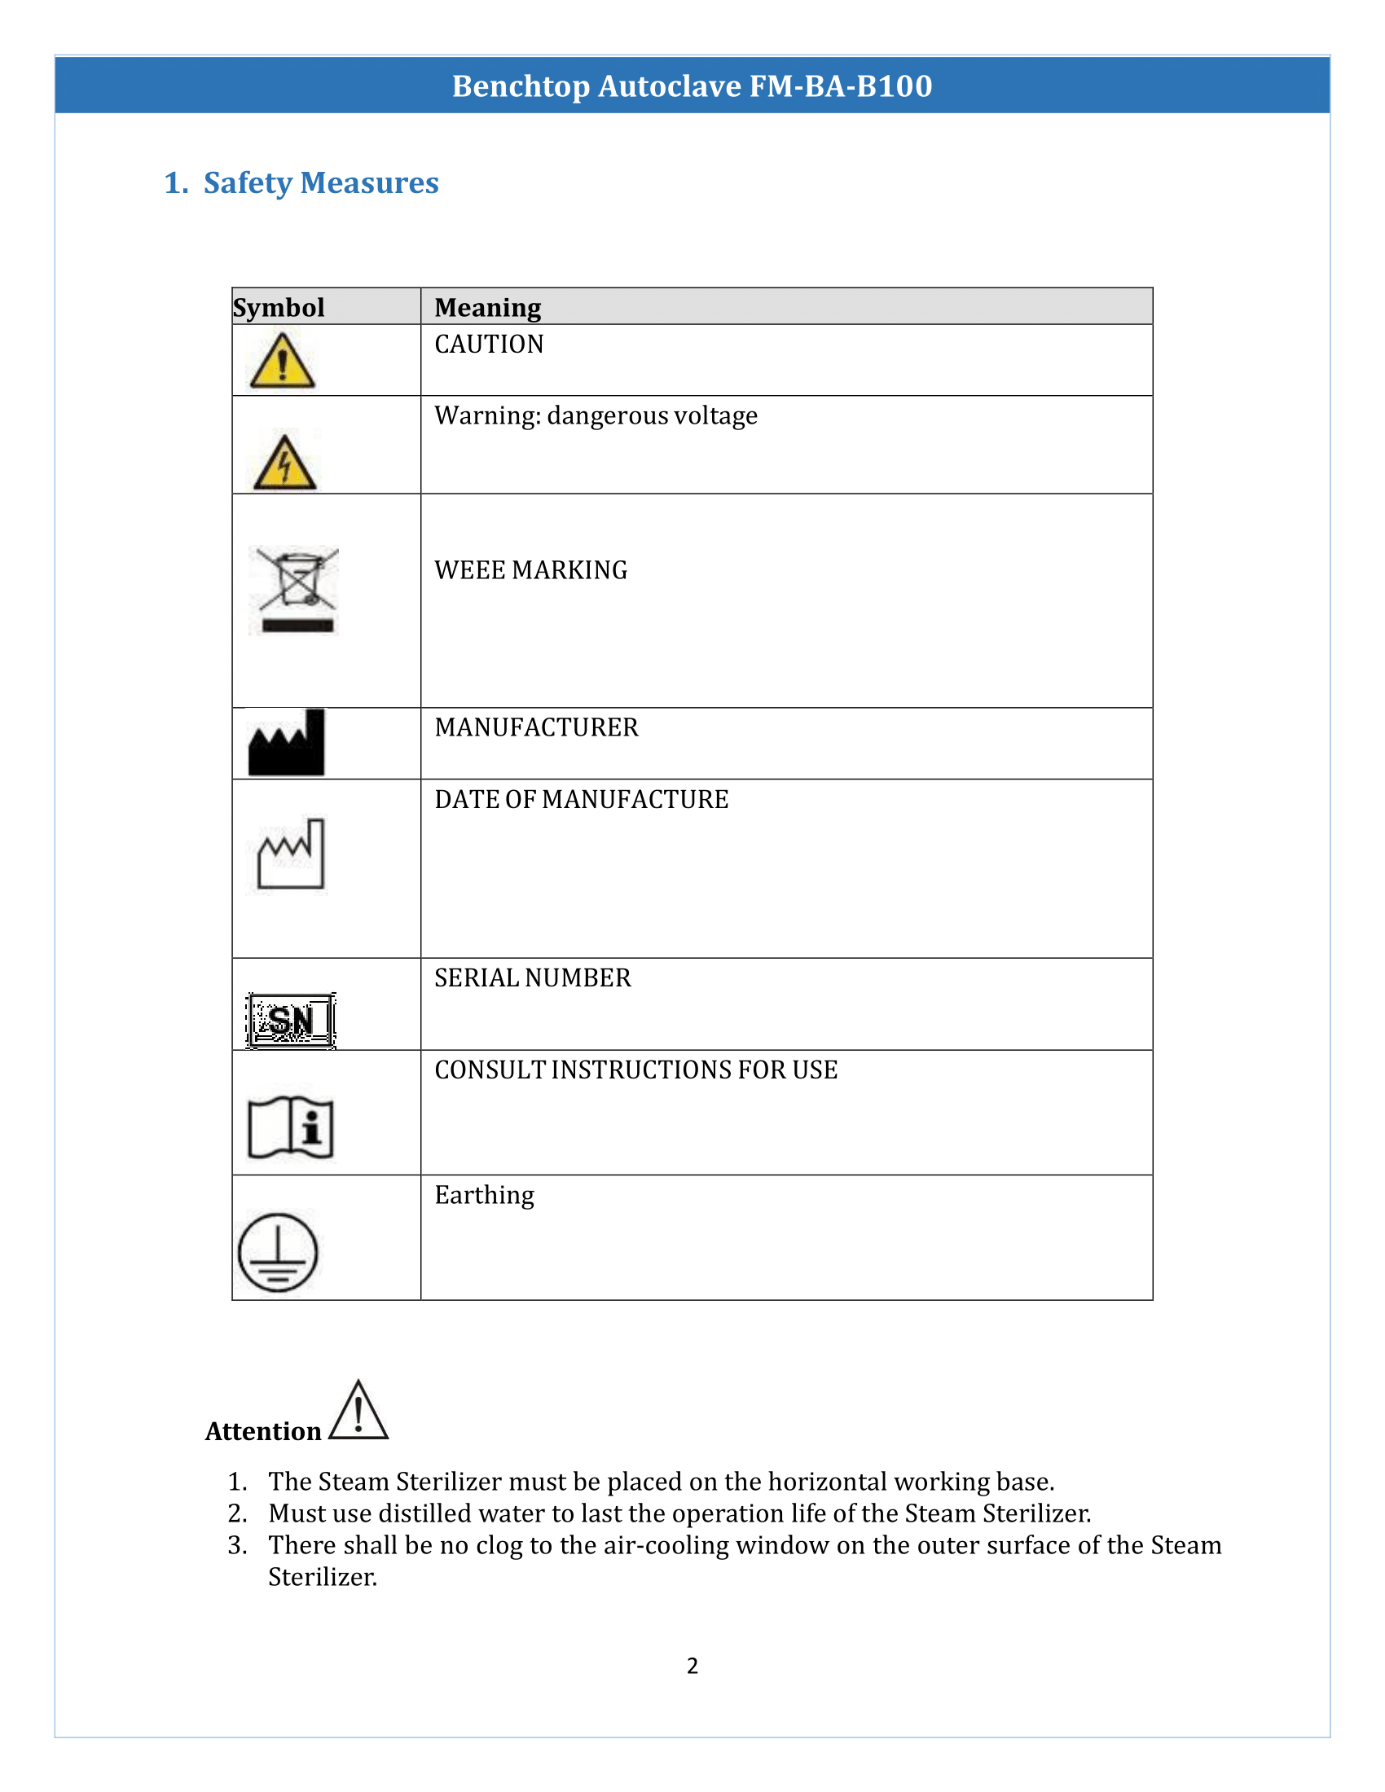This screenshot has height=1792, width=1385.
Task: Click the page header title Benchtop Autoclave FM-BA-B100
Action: (692, 86)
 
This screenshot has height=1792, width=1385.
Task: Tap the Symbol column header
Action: (279, 308)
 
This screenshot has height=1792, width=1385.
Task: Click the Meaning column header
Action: (487, 308)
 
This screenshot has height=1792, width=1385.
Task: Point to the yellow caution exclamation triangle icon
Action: (281, 361)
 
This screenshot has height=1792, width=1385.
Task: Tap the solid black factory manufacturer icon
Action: (286, 744)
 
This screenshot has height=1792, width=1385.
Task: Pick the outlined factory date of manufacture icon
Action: (291, 854)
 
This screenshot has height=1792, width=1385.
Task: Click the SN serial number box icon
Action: (291, 1021)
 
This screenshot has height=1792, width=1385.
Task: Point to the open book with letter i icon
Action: (291, 1127)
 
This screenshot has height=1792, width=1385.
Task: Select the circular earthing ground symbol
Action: (277, 1253)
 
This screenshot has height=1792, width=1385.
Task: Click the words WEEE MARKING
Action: (531, 570)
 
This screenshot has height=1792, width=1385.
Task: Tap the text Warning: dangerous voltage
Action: (596, 416)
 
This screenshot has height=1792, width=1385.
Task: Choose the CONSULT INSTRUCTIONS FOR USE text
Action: (636, 1070)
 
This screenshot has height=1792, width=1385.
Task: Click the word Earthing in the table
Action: (484, 1196)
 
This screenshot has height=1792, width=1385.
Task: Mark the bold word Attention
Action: (262, 1432)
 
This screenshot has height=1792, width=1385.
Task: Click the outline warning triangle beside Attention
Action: (358, 1413)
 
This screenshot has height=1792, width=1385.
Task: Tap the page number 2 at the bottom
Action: (692, 1666)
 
